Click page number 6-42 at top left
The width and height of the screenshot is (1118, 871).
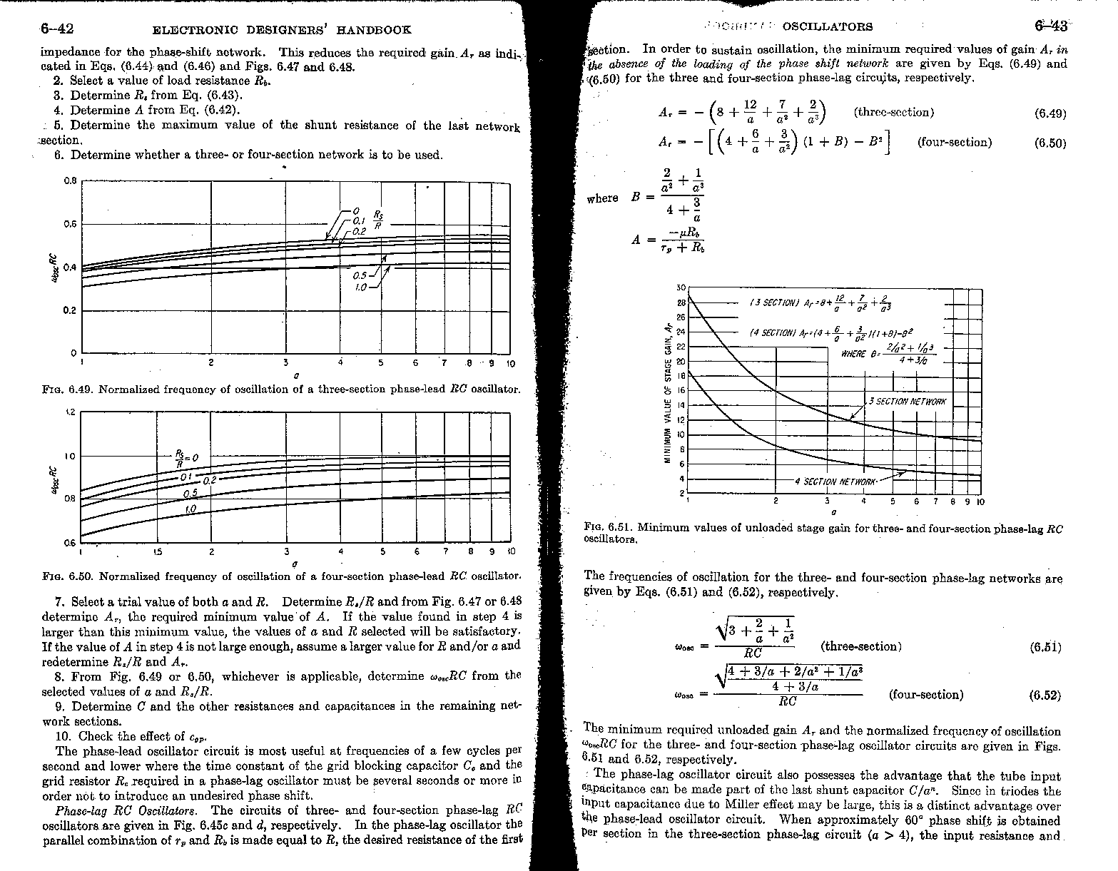(58, 29)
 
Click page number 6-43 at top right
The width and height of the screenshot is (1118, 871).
(1050, 26)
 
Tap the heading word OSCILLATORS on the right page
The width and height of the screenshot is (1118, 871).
(827, 27)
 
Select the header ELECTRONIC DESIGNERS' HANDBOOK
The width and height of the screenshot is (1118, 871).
(282, 30)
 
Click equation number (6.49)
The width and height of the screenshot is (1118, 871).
(1050, 113)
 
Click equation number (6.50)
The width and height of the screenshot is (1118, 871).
(1050, 143)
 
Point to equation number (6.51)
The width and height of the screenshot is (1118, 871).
(1045, 648)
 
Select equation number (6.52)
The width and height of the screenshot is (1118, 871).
(1045, 696)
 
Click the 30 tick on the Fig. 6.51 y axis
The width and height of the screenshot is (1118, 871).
(680, 287)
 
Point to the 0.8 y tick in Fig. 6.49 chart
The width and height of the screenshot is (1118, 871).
(70, 181)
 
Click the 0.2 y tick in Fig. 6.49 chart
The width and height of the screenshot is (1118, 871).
(70, 311)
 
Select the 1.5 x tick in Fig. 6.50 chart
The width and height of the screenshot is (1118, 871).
(157, 551)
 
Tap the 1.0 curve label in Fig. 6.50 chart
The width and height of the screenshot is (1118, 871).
(190, 509)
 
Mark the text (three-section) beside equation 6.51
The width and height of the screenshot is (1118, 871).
(861, 647)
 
